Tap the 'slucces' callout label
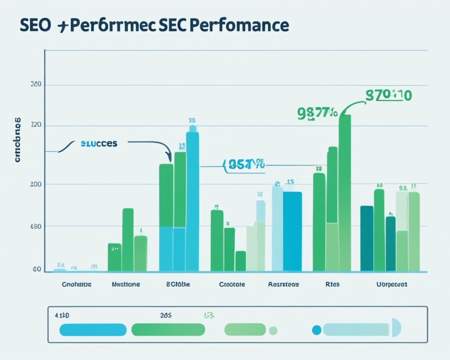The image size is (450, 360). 98,143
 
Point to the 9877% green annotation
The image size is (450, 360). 317,113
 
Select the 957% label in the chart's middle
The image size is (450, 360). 244,165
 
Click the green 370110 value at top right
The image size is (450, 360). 388,96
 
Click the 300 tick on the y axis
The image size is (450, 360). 36,184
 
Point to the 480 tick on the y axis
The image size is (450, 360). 36,226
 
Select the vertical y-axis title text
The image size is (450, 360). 18,139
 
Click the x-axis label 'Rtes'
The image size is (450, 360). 332,284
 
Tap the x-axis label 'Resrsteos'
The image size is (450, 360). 283,284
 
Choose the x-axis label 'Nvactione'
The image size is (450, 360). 126,284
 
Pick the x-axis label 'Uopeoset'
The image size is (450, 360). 392,284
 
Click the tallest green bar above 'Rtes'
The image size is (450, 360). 345,192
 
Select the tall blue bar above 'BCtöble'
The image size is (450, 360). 192,202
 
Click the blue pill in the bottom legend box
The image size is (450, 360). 93,330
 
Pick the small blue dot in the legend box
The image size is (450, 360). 316,330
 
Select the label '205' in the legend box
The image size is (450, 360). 165,315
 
